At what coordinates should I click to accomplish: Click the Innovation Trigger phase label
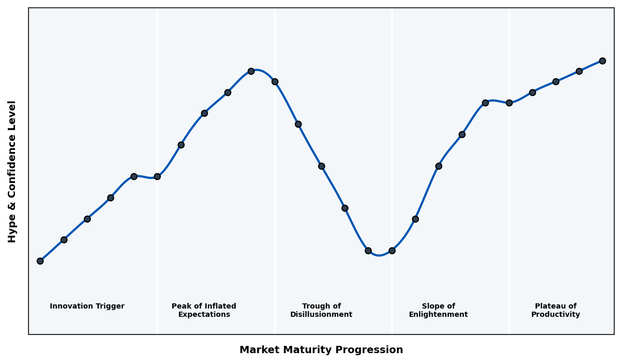pos(87,306)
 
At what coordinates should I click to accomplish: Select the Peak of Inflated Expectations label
pos(204,310)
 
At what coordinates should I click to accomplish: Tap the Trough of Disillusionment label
pos(321,310)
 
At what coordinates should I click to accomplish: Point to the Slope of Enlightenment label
pos(439,310)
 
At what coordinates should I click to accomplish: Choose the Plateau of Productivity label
pos(556,310)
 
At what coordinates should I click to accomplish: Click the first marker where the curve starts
pos(40,261)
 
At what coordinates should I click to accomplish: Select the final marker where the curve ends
pos(602,61)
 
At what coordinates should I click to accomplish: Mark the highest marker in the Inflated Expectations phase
pos(251,71)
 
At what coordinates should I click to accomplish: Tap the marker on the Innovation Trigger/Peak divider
pos(157,176)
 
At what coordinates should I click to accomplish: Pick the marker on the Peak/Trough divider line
pos(275,81)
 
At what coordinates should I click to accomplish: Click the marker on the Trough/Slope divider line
pos(392,250)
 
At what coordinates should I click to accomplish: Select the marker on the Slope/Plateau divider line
pos(509,103)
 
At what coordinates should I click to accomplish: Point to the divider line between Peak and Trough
pos(275,207)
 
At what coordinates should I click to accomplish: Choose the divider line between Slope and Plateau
pos(509,207)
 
